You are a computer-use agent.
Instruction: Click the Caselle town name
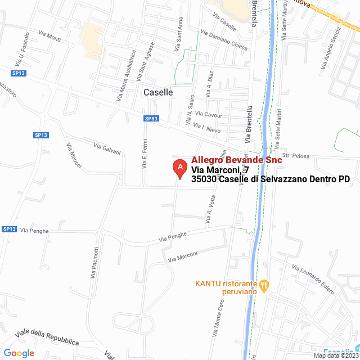pyautogui.click(x=158, y=92)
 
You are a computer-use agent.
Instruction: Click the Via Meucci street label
pyautogui.click(x=74, y=156)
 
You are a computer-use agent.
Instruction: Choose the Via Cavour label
pyautogui.click(x=209, y=115)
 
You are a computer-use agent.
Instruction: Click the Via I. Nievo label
pyautogui.click(x=206, y=130)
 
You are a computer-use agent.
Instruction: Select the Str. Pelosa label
pyautogui.click(x=293, y=155)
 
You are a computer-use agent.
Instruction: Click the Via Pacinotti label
pyautogui.click(x=95, y=263)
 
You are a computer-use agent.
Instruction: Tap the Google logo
pyautogui.click(x=19, y=353)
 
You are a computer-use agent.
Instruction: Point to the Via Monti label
pyautogui.click(x=50, y=35)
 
